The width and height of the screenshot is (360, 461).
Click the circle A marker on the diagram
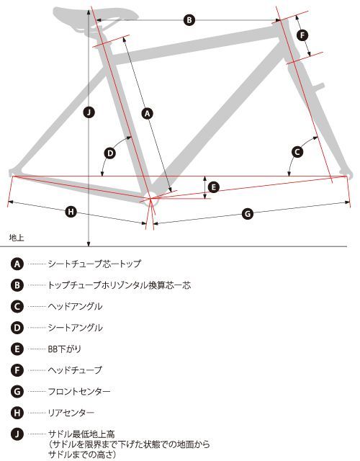(148, 113)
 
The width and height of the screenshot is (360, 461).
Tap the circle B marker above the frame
(189, 20)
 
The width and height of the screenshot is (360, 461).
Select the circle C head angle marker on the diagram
(297, 152)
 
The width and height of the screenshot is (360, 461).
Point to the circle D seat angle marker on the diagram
(110, 153)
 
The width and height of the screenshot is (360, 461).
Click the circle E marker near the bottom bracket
(214, 187)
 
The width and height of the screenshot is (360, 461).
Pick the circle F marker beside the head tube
(302, 35)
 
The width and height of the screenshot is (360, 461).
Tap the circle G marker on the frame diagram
(248, 213)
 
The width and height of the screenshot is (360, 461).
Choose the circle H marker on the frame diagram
(71, 212)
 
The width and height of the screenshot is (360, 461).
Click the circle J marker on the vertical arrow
(89, 112)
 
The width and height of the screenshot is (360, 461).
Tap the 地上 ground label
(17, 238)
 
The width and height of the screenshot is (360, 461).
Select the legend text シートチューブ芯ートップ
(94, 264)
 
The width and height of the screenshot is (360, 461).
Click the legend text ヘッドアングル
(75, 306)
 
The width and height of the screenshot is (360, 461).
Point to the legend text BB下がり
(64, 349)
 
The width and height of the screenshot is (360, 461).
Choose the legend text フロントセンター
(79, 391)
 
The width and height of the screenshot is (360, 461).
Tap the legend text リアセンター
(71, 413)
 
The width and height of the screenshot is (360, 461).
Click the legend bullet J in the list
(17, 434)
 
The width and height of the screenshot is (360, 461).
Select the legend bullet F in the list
(17, 370)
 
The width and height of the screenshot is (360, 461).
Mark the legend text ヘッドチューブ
(75, 370)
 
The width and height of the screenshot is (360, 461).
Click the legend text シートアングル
(75, 328)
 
